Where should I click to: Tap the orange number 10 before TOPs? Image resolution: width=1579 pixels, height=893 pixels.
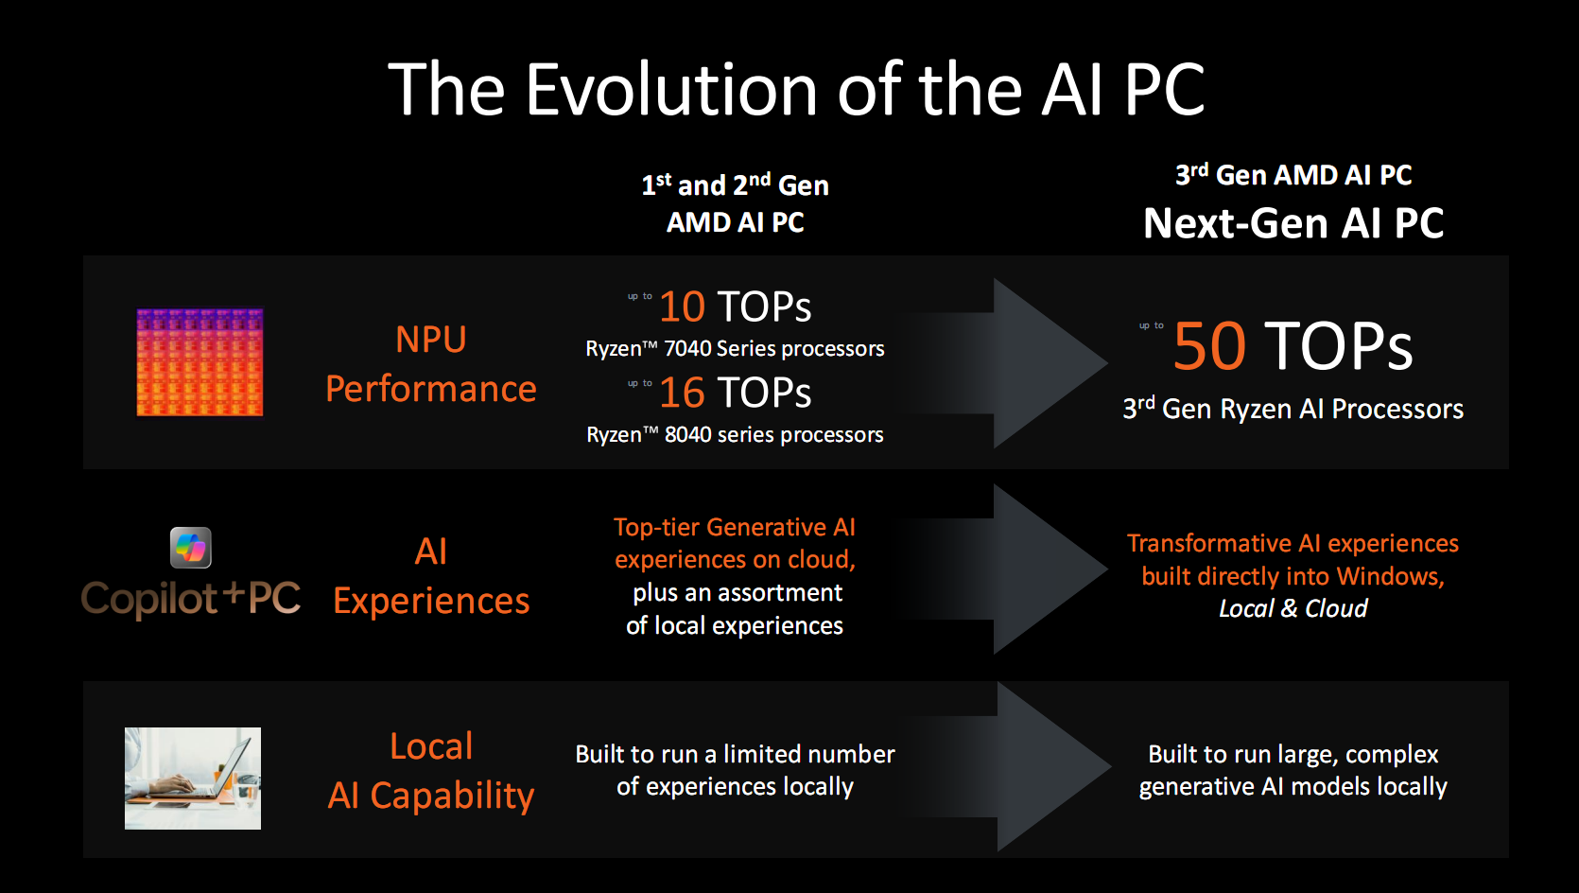coord(683,306)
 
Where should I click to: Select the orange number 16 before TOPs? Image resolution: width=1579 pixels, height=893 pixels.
coord(683,393)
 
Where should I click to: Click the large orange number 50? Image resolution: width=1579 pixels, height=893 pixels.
coord(1209,345)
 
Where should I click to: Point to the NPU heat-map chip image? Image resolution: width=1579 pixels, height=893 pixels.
coord(200,362)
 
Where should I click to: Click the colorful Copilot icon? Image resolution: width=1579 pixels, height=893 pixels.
coord(190,548)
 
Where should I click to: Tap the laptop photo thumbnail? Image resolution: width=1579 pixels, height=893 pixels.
coord(193,778)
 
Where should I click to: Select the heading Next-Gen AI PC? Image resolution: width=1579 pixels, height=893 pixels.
coord(1293,223)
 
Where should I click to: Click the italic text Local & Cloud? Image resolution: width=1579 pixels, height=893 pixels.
coord(1293,608)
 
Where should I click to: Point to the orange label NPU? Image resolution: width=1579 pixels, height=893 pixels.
coord(431,340)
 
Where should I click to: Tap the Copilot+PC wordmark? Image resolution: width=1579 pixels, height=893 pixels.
coord(191,598)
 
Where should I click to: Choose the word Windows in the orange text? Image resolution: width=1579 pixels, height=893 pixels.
coord(1390,576)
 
